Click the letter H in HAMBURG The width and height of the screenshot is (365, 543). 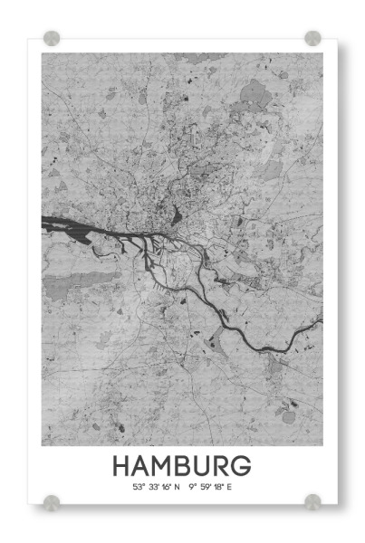[x=122, y=466]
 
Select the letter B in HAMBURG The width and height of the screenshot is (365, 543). [x=186, y=466]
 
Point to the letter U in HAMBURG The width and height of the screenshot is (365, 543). [x=206, y=466]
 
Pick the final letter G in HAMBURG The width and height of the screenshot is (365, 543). [x=242, y=466]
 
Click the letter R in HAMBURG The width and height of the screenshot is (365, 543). [x=224, y=466]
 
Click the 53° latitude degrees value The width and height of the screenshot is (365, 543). [x=139, y=487]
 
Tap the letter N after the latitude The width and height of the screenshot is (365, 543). [x=178, y=487]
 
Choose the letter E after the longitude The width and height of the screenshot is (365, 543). [x=229, y=487]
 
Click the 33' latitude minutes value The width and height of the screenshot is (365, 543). [x=152, y=487]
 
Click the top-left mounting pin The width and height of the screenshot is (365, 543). [x=52, y=38]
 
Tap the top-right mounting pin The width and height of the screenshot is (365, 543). [x=312, y=38]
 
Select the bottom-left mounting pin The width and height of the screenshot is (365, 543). [x=52, y=501]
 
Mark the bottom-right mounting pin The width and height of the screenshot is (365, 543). [x=312, y=501]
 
